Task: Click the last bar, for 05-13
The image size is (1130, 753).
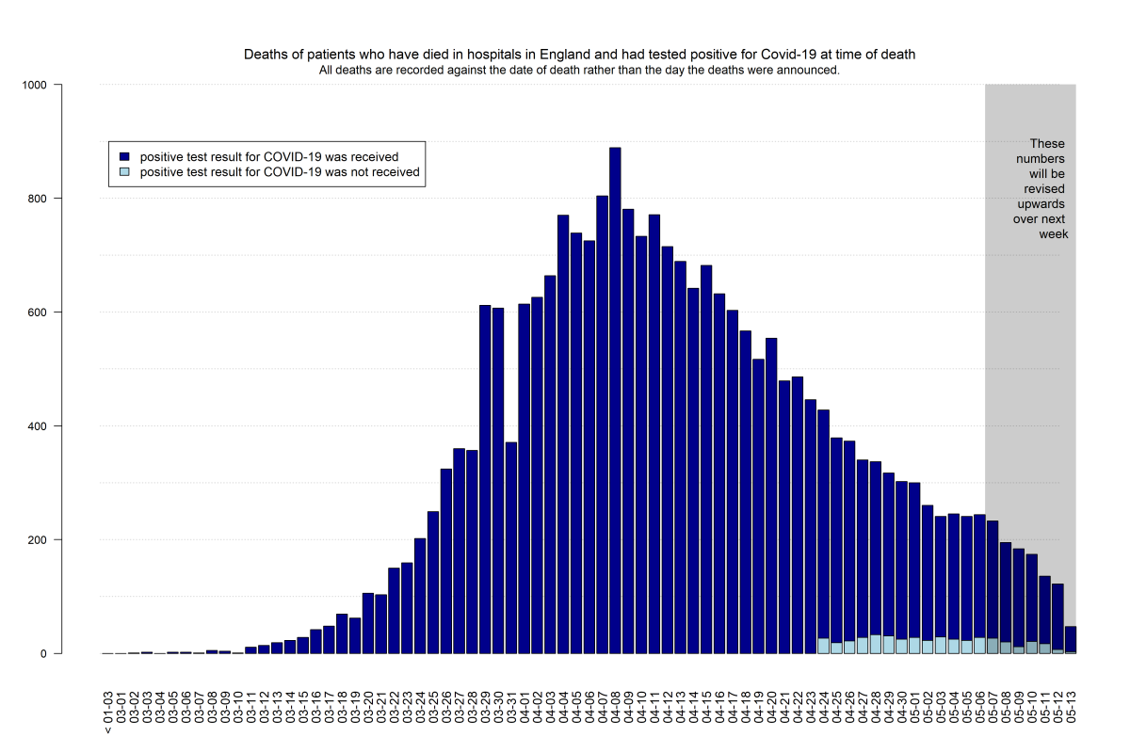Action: click(1071, 639)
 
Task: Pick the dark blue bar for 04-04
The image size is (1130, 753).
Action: click(563, 434)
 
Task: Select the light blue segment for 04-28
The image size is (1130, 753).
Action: click(876, 644)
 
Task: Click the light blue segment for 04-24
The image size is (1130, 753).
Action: click(823, 646)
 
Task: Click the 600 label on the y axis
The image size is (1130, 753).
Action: click(37, 312)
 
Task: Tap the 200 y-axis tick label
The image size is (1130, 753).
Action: click(37, 540)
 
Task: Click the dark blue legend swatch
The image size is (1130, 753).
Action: click(124, 157)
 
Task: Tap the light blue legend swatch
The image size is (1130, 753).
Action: click(124, 172)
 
